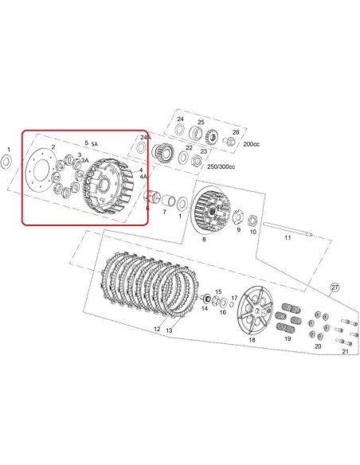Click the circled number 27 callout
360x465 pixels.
[x=335, y=287]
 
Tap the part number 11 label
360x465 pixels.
[x=288, y=238]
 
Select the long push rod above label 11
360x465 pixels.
[x=288, y=229]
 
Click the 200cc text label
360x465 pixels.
[x=251, y=144]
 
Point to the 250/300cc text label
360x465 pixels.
[x=221, y=166]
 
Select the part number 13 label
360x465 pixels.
[x=169, y=330]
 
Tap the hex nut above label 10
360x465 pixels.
[x=252, y=220]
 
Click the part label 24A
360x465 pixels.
[x=146, y=137]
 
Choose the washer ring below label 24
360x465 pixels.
[x=179, y=130]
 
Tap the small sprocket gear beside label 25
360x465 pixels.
[x=212, y=137]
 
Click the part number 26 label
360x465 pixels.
[x=236, y=132]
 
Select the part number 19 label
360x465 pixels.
[x=288, y=338]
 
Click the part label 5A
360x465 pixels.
[x=94, y=144]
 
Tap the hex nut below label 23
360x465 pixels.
[x=197, y=161]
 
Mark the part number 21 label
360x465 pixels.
[x=345, y=351]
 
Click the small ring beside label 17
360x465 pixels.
[x=231, y=305]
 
